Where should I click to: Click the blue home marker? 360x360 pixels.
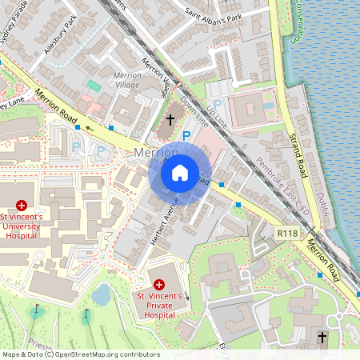click(180, 172)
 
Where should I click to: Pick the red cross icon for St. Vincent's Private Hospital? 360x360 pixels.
click(158, 284)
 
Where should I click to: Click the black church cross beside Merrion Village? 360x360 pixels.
click(170, 120)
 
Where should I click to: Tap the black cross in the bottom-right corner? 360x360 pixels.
click(322, 338)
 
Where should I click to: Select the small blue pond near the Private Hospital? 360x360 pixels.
click(101, 295)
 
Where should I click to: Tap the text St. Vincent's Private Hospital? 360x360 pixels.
click(158, 305)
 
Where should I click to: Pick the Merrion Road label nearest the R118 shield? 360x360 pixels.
click(314, 257)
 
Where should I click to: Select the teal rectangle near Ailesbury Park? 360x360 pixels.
click(94, 84)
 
